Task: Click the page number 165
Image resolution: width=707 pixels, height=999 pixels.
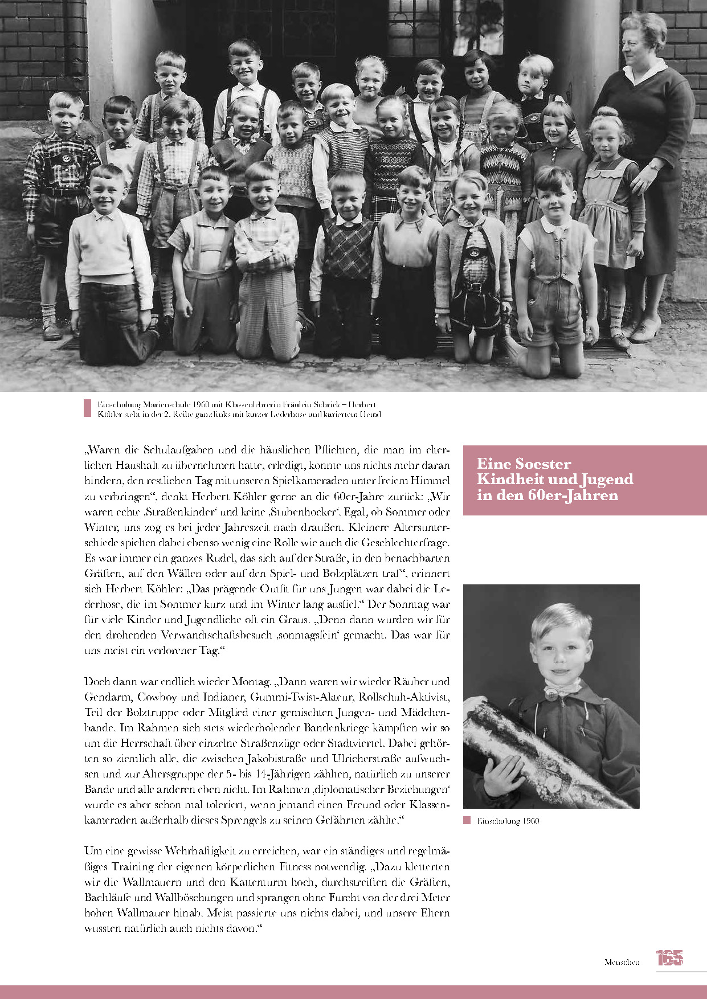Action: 669,958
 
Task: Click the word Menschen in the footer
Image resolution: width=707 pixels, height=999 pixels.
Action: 622,962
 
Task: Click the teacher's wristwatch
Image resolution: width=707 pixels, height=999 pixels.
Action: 653,166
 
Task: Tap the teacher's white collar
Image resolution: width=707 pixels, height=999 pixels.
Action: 645,73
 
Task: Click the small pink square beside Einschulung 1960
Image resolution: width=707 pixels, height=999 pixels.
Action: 467,821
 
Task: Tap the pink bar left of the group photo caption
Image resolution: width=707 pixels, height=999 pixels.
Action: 87,408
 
